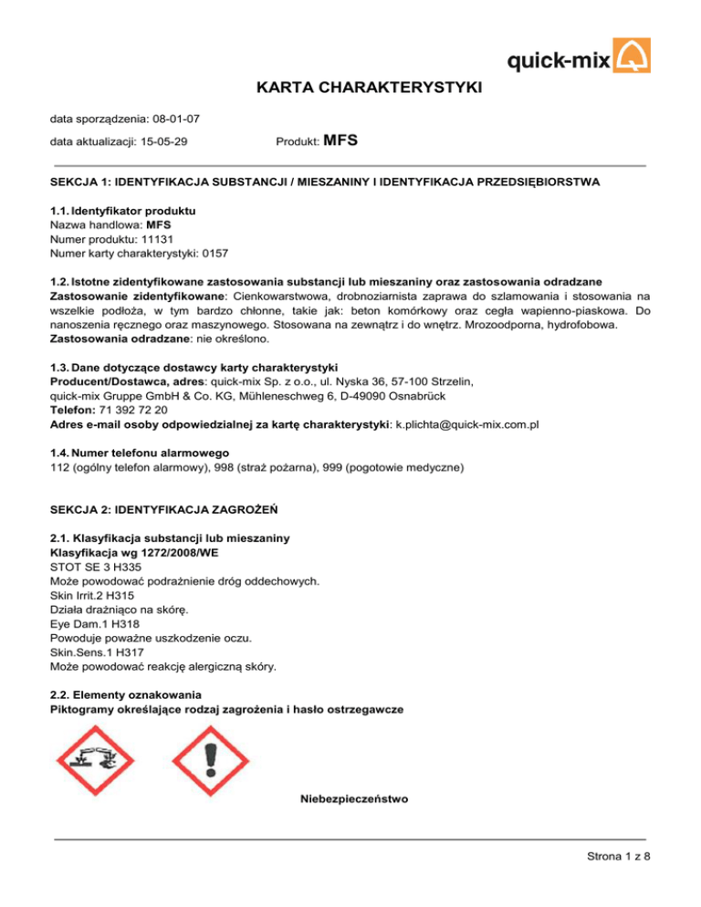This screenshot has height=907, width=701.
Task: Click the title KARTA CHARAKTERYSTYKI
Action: pyautogui.click(x=350, y=89)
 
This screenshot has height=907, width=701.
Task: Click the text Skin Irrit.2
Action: pyautogui.click(x=78, y=596)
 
